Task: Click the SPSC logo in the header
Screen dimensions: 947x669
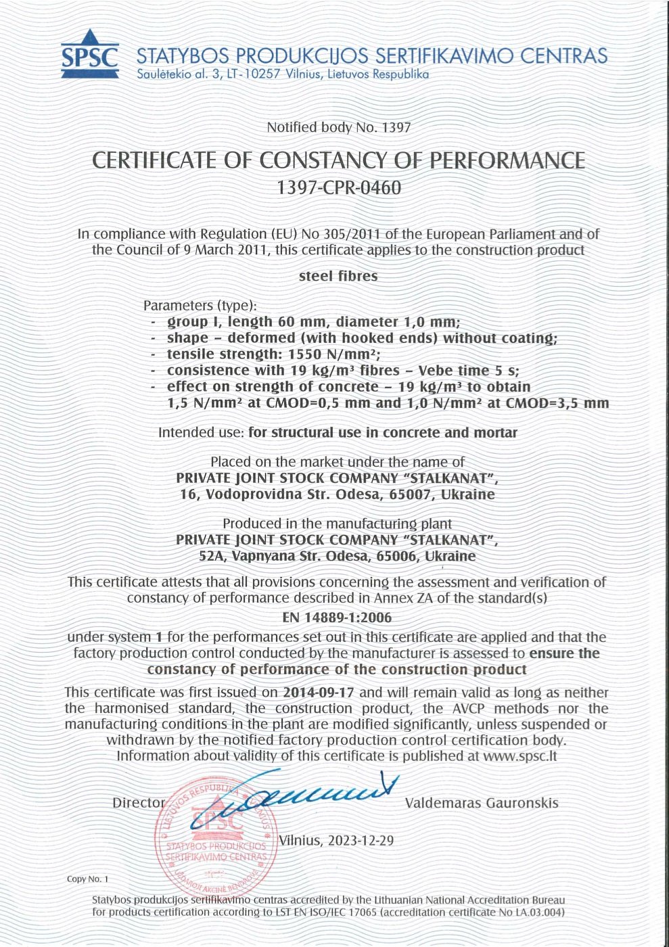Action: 89,53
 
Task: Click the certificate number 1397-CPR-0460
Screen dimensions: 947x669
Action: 339,187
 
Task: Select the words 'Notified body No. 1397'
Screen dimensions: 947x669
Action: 338,126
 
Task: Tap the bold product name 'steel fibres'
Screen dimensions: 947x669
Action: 338,276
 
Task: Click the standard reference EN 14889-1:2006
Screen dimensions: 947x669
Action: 336,617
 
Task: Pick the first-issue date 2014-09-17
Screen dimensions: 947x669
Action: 322,692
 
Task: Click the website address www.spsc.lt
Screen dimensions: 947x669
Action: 520,756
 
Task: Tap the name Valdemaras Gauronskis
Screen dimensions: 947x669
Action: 482,803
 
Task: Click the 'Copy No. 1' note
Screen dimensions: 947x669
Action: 87,879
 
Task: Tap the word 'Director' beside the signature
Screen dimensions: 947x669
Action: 138,803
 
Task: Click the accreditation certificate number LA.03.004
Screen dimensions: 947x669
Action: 535,912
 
